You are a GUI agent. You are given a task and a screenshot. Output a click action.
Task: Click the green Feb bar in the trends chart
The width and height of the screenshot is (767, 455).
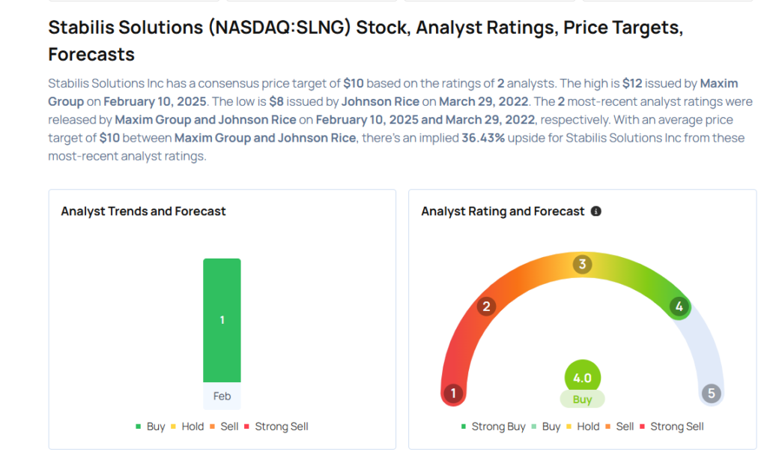click(x=222, y=320)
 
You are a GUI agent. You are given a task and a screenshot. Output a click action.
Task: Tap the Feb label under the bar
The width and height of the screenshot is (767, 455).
click(x=222, y=396)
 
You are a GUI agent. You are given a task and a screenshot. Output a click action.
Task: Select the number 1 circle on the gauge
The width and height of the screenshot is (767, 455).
click(x=452, y=393)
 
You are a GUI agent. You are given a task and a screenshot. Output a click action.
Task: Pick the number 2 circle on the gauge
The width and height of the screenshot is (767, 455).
click(x=486, y=306)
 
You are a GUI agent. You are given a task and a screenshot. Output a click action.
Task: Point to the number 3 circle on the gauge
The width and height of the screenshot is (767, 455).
click(x=582, y=264)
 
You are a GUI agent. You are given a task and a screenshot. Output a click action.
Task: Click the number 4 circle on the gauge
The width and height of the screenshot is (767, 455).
click(x=679, y=306)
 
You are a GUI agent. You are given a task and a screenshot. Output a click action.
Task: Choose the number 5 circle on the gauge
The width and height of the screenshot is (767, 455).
click(x=711, y=393)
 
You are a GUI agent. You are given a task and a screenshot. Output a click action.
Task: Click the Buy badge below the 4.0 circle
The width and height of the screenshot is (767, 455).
click(x=582, y=400)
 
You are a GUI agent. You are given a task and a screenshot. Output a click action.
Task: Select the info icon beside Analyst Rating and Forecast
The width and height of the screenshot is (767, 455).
click(x=596, y=211)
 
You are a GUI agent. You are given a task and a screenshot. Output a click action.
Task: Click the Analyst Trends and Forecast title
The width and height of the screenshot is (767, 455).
click(x=143, y=211)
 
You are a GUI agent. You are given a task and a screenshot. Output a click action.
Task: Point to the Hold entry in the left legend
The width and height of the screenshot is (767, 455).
click(x=192, y=427)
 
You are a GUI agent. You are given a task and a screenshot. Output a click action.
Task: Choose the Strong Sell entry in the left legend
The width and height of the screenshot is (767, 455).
click(x=281, y=427)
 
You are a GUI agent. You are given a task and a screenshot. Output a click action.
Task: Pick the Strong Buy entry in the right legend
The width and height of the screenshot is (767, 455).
click(x=498, y=427)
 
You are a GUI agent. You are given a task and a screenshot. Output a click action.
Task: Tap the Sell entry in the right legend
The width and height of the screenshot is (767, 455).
click(x=625, y=427)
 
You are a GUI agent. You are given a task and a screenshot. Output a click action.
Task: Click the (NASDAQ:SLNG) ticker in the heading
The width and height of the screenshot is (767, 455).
click(x=280, y=28)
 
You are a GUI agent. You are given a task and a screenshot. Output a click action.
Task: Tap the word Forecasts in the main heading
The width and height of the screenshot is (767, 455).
click(x=91, y=54)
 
